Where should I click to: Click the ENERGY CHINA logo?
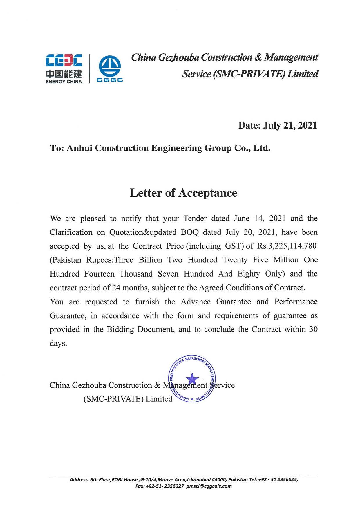(64, 69)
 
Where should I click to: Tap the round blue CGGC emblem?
(110, 69)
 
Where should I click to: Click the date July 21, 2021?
(290, 125)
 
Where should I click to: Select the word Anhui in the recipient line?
(79, 148)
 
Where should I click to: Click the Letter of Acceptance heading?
(183, 193)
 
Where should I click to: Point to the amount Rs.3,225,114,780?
(287, 246)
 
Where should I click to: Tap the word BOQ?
(190, 232)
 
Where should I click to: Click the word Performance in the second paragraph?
(296, 302)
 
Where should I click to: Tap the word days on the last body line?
(58, 344)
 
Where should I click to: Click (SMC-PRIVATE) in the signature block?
(113, 399)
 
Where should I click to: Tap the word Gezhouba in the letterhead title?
(178, 57)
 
